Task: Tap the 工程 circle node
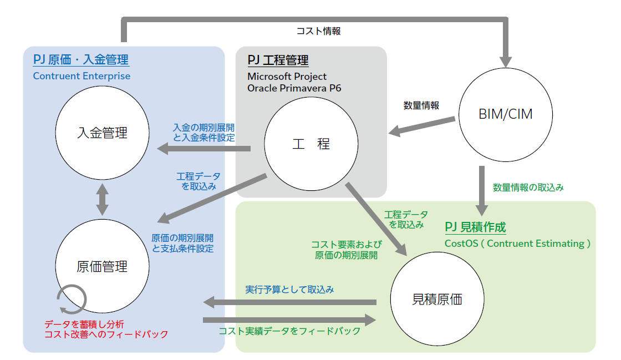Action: click(x=310, y=144)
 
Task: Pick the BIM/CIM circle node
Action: click(x=505, y=115)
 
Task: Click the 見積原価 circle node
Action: click(x=437, y=300)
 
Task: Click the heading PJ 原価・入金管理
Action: click(x=81, y=60)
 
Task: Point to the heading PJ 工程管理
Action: click(x=278, y=60)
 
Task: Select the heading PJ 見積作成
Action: click(x=476, y=227)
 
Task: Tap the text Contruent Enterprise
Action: click(x=82, y=76)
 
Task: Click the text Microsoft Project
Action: click(x=287, y=76)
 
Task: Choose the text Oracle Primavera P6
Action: click(x=294, y=88)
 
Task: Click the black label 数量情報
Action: click(x=422, y=105)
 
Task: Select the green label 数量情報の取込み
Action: click(x=528, y=187)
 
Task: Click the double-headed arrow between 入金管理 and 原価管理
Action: click(x=103, y=200)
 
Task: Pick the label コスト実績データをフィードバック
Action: click(x=289, y=331)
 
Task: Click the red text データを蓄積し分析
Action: click(x=84, y=324)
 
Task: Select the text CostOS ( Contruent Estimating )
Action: click(x=518, y=243)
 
